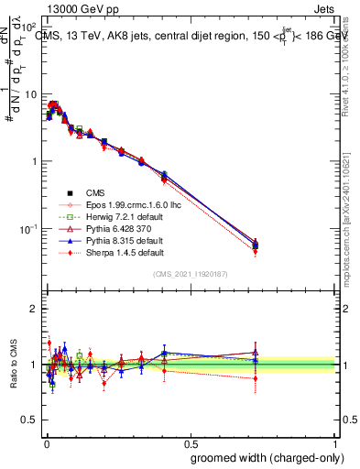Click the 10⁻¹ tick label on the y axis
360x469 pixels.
click(27, 228)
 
